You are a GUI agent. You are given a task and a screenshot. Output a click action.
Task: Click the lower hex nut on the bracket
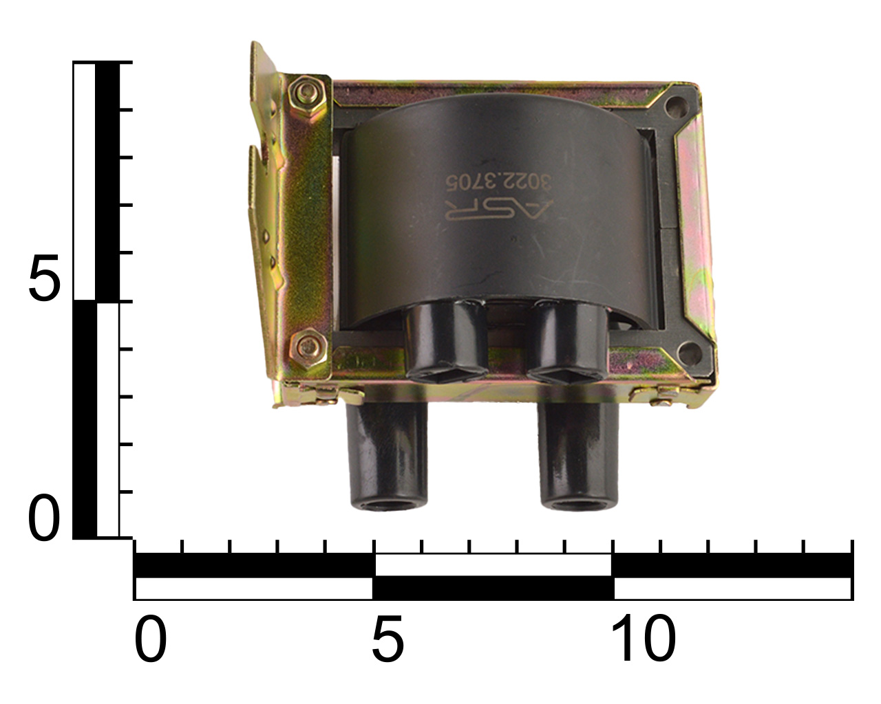308,348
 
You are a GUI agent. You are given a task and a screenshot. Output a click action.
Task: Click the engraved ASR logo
499,210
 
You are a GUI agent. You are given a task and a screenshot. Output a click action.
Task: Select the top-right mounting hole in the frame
677,107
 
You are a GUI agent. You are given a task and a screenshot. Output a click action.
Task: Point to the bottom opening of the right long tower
579,505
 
